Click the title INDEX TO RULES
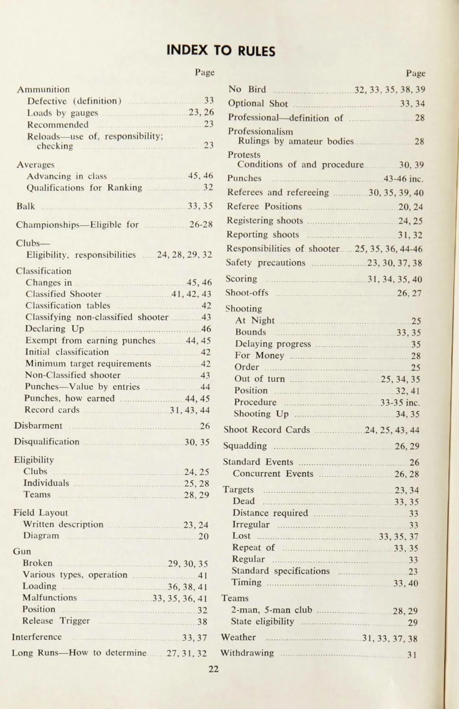tap(221, 51)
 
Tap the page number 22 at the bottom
tap(213, 668)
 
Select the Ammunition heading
tap(43, 90)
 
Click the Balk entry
tap(26, 206)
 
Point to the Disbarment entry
tap(38, 425)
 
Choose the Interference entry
tap(36, 637)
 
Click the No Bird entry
tap(247, 90)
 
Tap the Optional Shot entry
tap(257, 103)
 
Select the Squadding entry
tap(245, 446)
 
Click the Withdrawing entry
tap(247, 653)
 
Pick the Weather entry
tap(238, 637)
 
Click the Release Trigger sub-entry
tap(56, 621)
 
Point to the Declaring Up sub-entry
tap(54, 329)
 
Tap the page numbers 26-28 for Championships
tap(201, 224)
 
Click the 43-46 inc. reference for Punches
tap(404, 179)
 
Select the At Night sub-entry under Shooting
tap(255, 320)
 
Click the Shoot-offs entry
tap(247, 293)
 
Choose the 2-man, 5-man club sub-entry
tap(271, 610)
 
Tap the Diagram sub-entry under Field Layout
tap(41, 536)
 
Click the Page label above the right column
tap(415, 73)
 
